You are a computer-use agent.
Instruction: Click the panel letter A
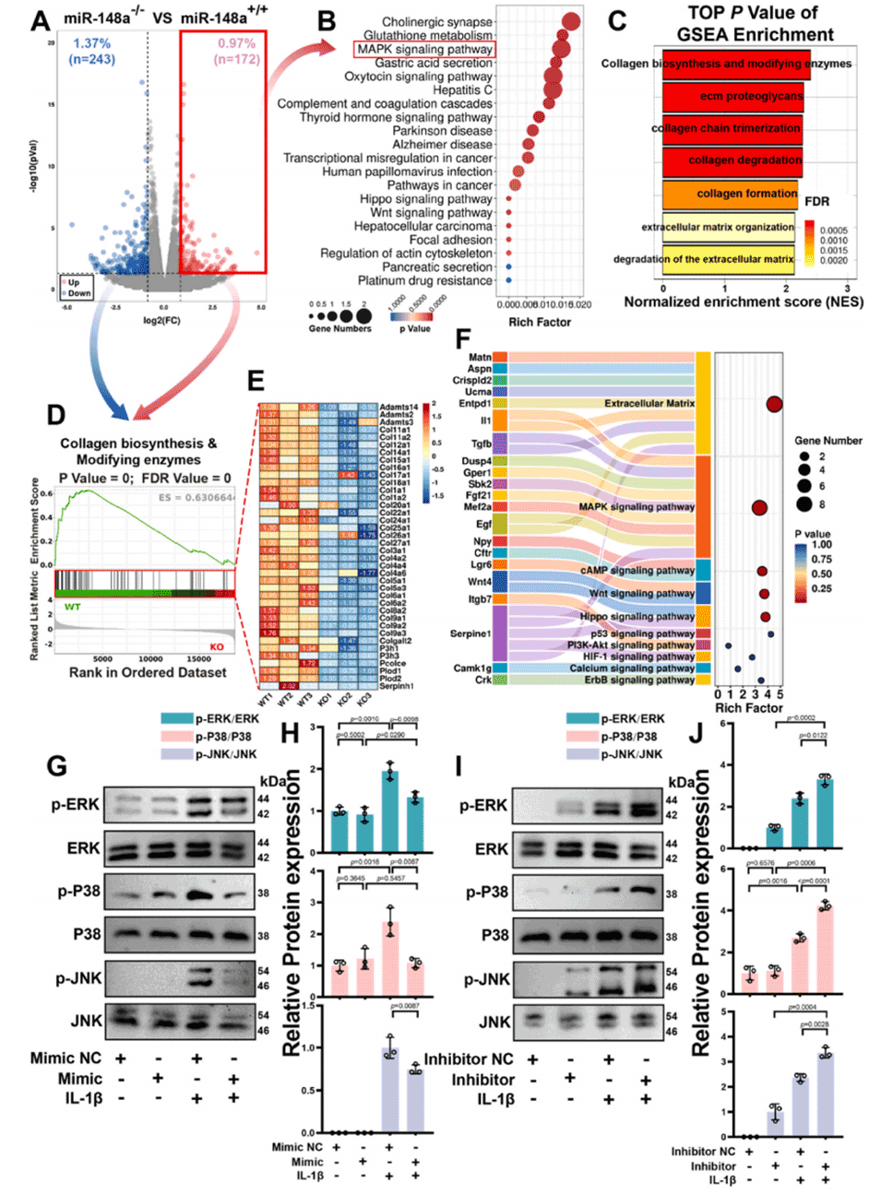(40, 18)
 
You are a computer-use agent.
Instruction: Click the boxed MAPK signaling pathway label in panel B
(424, 50)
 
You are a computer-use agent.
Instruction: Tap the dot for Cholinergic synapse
(571, 22)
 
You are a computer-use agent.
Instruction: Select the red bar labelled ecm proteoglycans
(732, 96)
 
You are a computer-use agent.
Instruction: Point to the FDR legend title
(816, 201)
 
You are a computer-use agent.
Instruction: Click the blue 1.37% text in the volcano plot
(92, 43)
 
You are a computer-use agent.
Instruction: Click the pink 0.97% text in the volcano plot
(236, 43)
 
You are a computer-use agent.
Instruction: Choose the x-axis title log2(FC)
(161, 320)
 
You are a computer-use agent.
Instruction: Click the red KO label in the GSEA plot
(217, 646)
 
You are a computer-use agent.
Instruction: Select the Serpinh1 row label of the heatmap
(397, 686)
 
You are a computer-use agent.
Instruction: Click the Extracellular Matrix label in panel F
(649, 403)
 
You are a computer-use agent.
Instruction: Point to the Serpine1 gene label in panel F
(470, 633)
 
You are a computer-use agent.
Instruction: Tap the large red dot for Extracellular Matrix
(774, 404)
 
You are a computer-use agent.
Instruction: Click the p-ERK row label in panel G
(76, 804)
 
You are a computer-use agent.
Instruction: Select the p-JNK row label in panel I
(484, 978)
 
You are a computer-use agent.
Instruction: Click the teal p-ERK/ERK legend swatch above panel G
(176, 718)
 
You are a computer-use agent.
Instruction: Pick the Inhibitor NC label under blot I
(469, 1059)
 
